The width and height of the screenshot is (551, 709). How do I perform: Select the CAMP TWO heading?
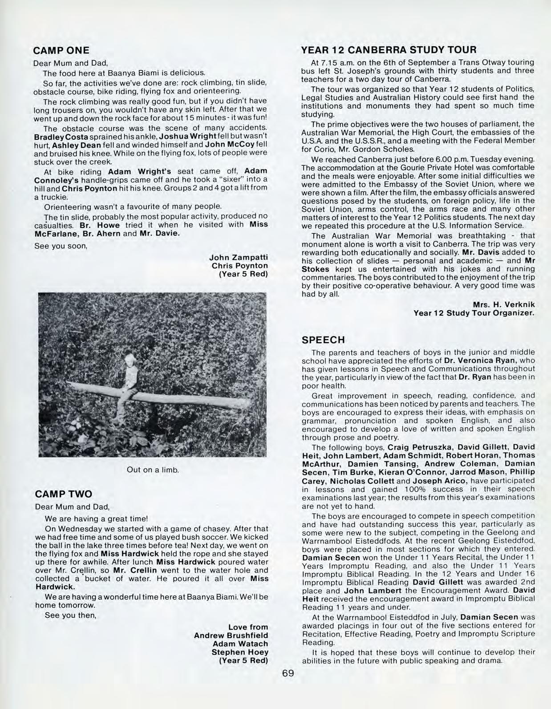pyautogui.click(x=64, y=494)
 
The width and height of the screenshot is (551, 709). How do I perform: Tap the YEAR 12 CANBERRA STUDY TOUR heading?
pyautogui.click(x=389, y=49)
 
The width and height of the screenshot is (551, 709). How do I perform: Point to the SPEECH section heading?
pyautogui.click(x=324, y=340)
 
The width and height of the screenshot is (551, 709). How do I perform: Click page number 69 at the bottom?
pyautogui.click(x=288, y=673)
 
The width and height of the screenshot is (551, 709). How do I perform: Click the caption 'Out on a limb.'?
pyautogui.click(x=153, y=470)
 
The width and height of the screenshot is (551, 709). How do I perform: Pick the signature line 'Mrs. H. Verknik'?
pyautogui.click(x=504, y=305)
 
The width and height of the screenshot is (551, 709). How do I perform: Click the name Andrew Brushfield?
pyautogui.click(x=231, y=636)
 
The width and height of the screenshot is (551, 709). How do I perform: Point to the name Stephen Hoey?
pyautogui.click(x=240, y=652)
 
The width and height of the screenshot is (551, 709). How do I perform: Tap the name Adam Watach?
pyautogui.click(x=240, y=644)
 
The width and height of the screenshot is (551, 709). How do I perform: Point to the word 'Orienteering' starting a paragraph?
pyautogui.click(x=67, y=207)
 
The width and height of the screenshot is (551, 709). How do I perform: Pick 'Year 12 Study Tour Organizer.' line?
pyautogui.click(x=474, y=313)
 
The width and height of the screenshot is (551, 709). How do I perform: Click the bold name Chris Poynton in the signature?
pyautogui.click(x=240, y=266)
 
